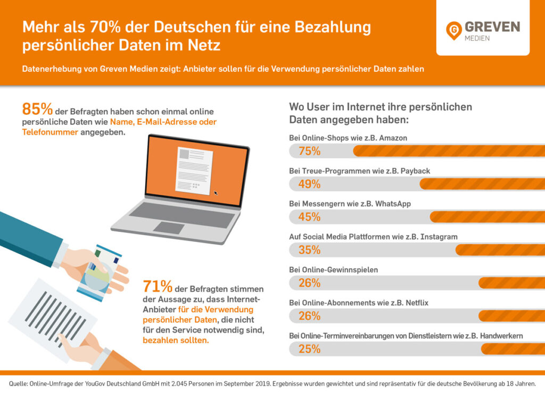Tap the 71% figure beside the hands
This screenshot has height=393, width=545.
tap(158, 287)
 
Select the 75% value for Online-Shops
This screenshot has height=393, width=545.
tap(309, 151)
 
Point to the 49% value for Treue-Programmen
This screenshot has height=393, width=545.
tap(309, 184)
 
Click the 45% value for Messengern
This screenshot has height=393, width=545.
tap(309, 217)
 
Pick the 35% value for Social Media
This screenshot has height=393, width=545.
tap(309, 250)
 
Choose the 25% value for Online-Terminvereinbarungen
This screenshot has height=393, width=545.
tap(309, 349)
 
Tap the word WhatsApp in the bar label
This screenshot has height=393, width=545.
tap(393, 204)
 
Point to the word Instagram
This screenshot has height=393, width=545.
tap(440, 237)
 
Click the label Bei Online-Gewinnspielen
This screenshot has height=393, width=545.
tap(333, 270)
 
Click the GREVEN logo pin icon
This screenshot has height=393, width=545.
tap(454, 30)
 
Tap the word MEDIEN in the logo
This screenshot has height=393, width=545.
tap(477, 38)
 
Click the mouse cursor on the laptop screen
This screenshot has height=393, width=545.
tap(216, 193)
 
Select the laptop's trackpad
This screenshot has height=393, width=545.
tap(169, 228)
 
